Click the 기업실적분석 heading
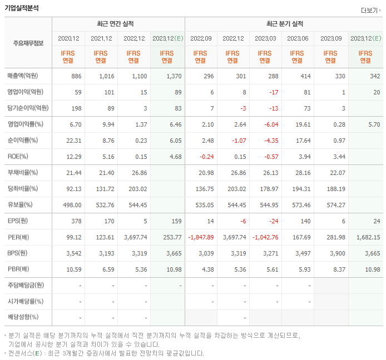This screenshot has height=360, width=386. pos(22,8)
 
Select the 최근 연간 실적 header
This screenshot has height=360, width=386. pos(118,24)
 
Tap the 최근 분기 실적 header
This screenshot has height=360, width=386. pos(284,24)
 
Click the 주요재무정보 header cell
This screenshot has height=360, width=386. pos(28,43)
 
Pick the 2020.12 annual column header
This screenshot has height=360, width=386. pos(68,38)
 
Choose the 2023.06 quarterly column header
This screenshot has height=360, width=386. pos(298,38)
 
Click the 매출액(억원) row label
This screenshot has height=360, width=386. pos(26,76)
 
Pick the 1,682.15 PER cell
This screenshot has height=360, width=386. pos(365,237)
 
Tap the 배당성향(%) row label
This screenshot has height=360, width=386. pos(23,318)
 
